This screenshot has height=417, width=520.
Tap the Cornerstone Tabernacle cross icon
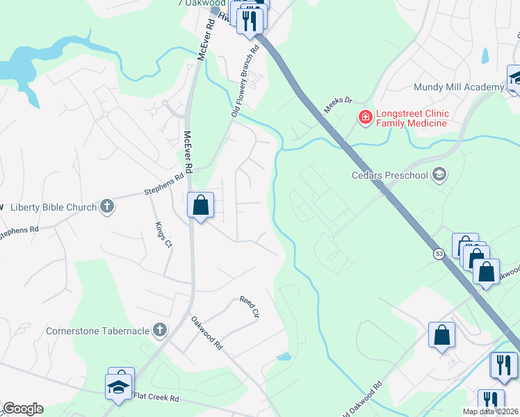(160, 330)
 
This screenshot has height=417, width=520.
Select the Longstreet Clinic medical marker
(364, 118)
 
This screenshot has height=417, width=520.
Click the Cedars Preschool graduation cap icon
(439, 174)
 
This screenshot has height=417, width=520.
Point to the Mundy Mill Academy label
(458, 87)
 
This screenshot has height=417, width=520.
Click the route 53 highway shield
(439, 254)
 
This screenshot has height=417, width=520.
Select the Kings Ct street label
(164, 234)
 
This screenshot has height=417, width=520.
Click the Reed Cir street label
(249, 306)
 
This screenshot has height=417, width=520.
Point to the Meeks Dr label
(339, 105)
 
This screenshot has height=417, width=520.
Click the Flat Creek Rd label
(156, 398)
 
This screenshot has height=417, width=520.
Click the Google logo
(23, 409)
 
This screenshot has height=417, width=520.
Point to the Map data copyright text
(490, 411)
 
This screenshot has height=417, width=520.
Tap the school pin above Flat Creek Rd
(119, 386)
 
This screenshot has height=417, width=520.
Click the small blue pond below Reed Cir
(284, 357)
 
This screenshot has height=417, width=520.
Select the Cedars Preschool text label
(389, 175)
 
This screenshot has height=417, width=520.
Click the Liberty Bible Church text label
(54, 206)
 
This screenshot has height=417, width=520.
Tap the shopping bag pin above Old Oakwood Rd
(441, 336)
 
